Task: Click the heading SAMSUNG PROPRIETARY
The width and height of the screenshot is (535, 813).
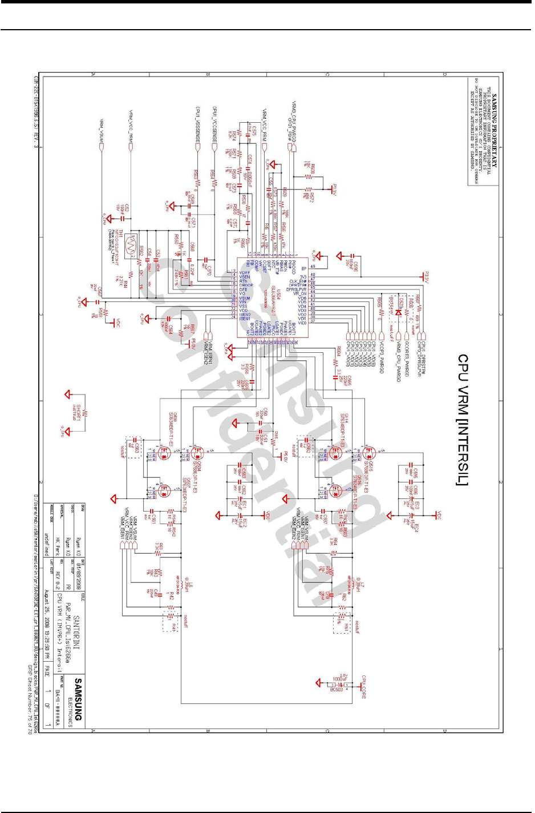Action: (x=495, y=131)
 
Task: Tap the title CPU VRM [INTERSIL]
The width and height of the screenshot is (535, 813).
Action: (x=463, y=420)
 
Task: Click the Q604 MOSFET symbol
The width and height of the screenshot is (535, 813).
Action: (x=198, y=454)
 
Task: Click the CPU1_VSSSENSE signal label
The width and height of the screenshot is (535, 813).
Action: (x=198, y=125)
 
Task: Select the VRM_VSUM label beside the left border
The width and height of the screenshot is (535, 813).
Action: (x=102, y=131)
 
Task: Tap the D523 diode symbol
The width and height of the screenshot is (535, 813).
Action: (x=398, y=312)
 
